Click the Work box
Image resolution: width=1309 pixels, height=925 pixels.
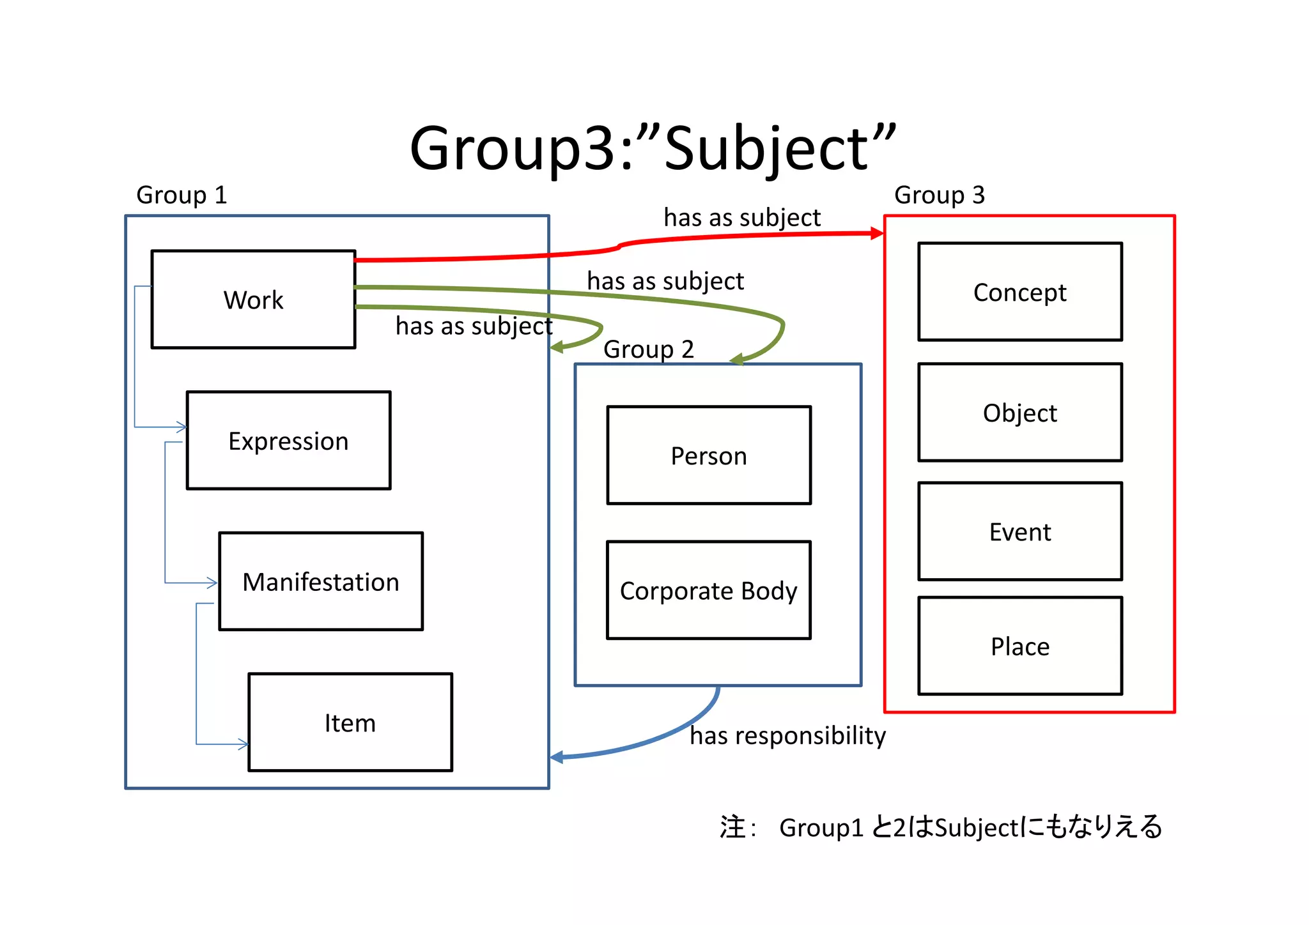point(253,299)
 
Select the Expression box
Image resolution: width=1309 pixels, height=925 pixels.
point(288,441)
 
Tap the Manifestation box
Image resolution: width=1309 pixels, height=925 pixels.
point(320,581)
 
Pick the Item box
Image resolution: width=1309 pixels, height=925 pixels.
point(350,722)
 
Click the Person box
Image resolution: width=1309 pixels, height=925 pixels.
point(708,455)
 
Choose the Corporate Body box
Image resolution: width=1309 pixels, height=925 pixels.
point(708,590)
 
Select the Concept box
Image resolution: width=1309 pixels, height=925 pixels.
point(1019,292)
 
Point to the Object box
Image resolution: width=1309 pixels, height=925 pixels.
point(1019,413)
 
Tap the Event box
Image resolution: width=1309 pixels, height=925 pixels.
point(1019,531)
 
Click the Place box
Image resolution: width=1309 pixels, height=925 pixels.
point(1019,646)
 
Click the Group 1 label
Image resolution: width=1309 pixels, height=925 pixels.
point(182,195)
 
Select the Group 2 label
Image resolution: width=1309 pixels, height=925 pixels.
point(648,349)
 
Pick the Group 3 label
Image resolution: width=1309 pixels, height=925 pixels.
point(939,195)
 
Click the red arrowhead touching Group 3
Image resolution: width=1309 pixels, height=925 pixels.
point(877,234)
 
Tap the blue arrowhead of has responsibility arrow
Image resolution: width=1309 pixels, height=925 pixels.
point(557,758)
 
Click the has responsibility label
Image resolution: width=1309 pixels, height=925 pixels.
point(787,736)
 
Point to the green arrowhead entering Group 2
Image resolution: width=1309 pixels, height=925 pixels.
point(737,360)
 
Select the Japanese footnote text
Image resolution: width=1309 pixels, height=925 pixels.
point(940,827)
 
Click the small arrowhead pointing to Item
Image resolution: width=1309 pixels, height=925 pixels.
point(243,744)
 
